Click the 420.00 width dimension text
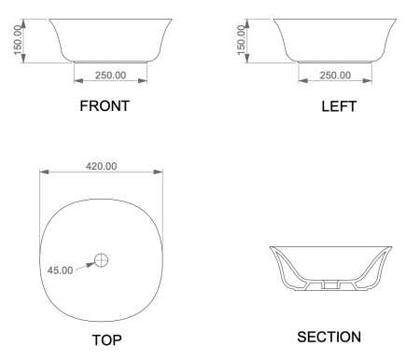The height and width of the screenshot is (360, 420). tap(101, 166)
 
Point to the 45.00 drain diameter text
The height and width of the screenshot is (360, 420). tap(60, 270)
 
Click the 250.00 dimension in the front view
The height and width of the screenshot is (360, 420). tap(110, 76)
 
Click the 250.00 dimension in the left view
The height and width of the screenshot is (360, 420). tap(334, 76)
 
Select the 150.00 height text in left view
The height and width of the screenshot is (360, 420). tap(244, 40)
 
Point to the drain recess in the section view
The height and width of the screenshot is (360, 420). tap(329, 282)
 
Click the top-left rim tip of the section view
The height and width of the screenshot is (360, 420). tap(271, 247)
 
